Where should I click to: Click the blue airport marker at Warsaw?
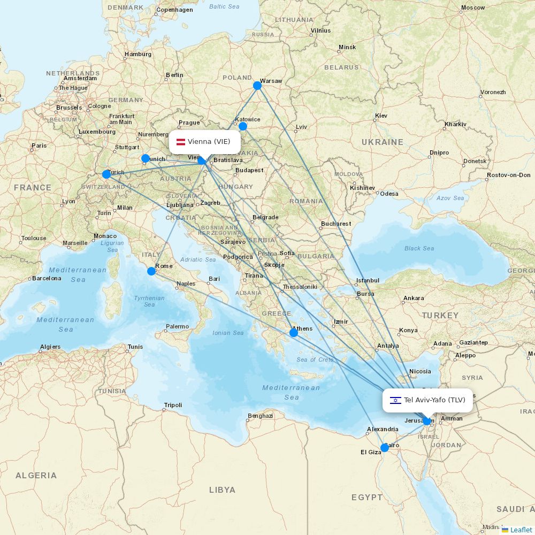click(257, 85)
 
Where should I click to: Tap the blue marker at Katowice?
click(242, 126)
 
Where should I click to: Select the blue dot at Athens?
click(293, 333)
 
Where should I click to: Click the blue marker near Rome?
click(151, 271)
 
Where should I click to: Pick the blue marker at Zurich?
click(106, 174)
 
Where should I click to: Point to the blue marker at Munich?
click(145, 158)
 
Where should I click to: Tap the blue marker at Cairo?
click(384, 447)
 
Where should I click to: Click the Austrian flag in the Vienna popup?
click(181, 142)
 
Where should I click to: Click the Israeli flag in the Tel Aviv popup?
click(395, 400)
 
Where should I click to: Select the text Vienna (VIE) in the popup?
click(209, 142)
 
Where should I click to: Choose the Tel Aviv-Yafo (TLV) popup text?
click(434, 400)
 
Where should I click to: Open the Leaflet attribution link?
click(521, 530)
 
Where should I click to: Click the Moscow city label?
click(472, 8)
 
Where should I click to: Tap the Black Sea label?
click(419, 248)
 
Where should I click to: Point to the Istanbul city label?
click(368, 280)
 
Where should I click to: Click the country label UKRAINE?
click(382, 142)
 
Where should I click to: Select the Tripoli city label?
click(173, 405)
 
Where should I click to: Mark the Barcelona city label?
click(47, 278)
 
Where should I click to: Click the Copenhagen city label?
click(174, 10)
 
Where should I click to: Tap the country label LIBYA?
click(222, 490)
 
